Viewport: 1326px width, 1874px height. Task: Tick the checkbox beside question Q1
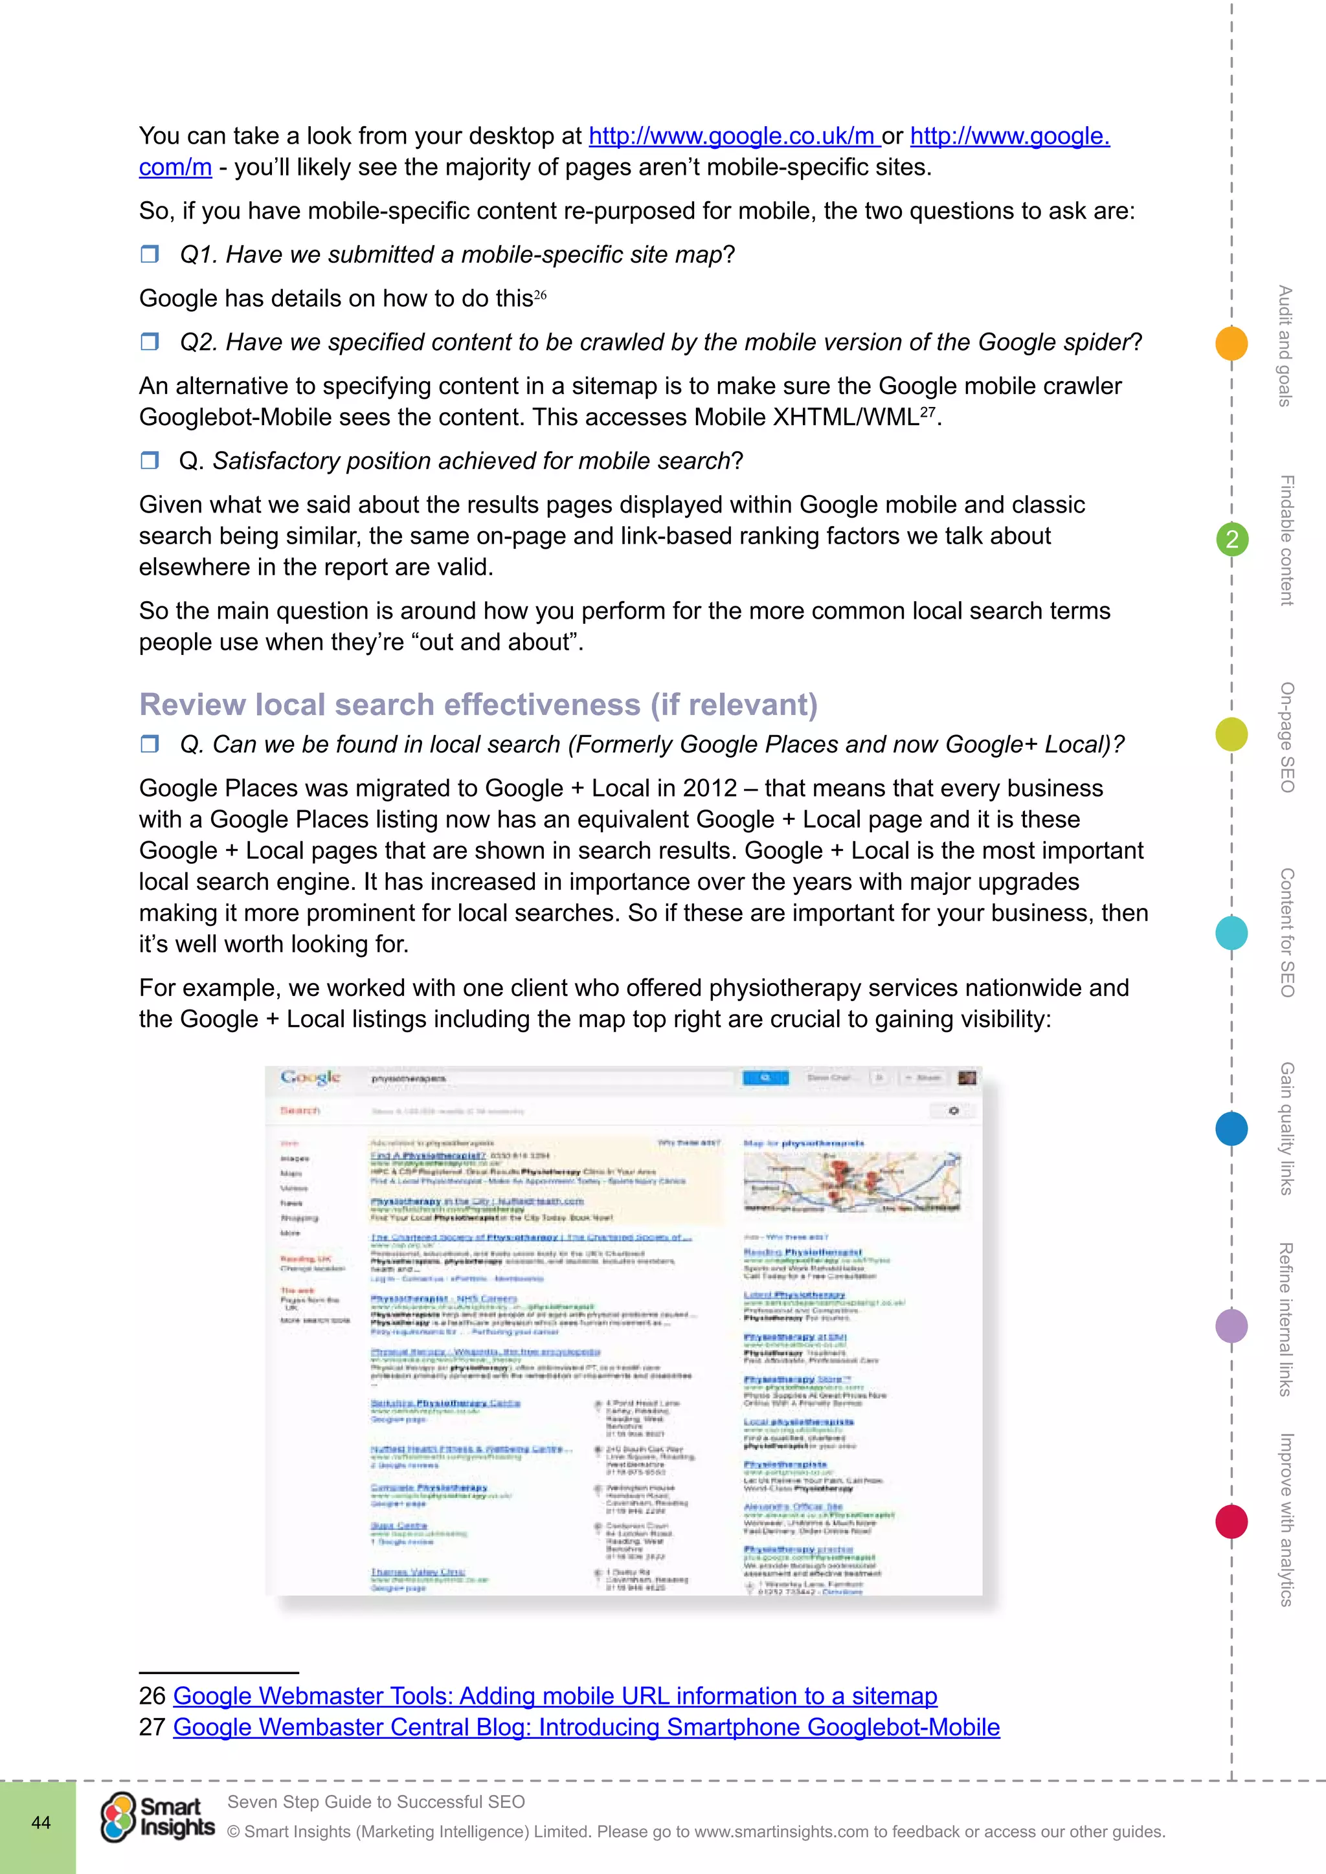[x=150, y=255]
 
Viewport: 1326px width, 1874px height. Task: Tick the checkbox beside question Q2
[x=150, y=342]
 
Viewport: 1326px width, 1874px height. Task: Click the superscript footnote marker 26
[x=540, y=294]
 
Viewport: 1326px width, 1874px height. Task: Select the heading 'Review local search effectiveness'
[x=478, y=705]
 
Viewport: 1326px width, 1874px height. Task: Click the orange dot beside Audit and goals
[x=1231, y=344]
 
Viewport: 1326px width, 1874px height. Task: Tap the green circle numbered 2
[x=1232, y=540]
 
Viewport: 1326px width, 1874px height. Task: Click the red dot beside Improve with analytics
[x=1231, y=1521]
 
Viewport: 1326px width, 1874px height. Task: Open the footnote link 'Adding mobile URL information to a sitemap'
[x=556, y=1696]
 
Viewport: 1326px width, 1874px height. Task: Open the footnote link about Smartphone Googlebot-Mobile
[x=586, y=1727]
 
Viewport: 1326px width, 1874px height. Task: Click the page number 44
[x=41, y=1823]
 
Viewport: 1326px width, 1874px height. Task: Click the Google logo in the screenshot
[x=309, y=1077]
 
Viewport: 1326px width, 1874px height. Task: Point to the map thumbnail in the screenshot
[x=851, y=1181]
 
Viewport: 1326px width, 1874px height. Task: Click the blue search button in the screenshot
[x=765, y=1077]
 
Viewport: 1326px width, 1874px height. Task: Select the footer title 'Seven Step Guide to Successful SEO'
[x=376, y=1802]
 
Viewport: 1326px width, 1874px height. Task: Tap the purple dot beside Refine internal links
[x=1231, y=1325]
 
